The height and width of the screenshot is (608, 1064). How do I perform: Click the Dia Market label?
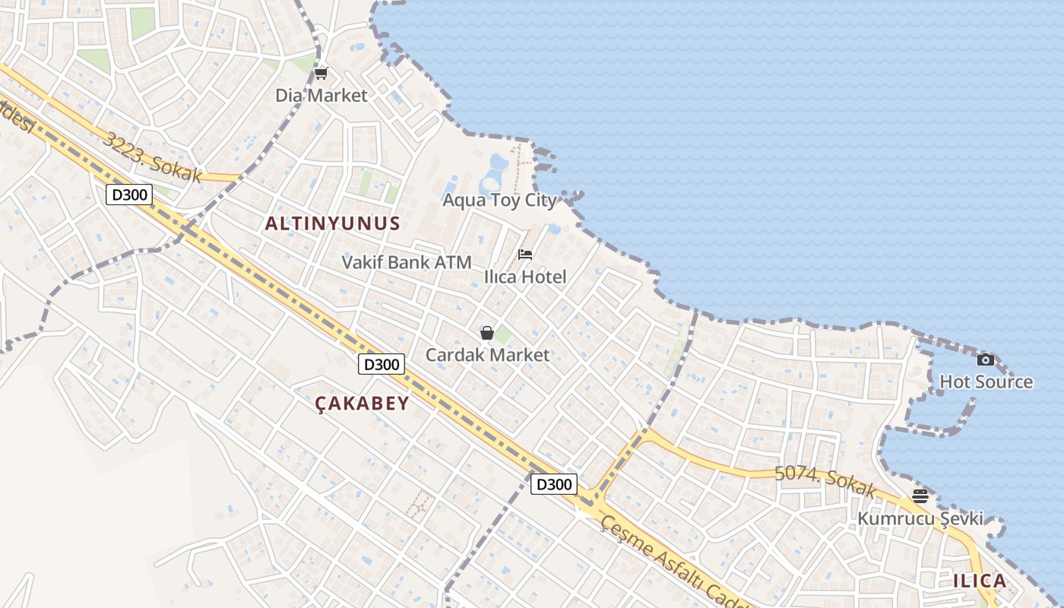pyautogui.click(x=321, y=96)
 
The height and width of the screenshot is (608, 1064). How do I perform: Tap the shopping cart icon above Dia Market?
pyautogui.click(x=321, y=74)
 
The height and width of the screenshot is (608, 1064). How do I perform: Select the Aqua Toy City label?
pyautogui.click(x=500, y=200)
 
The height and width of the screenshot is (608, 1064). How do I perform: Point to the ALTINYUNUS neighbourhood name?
pyautogui.click(x=332, y=223)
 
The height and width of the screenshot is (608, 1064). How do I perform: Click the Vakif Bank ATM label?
pyautogui.click(x=407, y=262)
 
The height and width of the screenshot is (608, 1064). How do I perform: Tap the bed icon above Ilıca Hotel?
pyautogui.click(x=525, y=255)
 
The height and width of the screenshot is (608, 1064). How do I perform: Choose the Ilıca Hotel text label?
pyautogui.click(x=525, y=277)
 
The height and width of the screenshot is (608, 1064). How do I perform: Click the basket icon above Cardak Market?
pyautogui.click(x=487, y=333)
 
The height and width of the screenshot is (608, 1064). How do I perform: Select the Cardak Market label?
pyautogui.click(x=487, y=355)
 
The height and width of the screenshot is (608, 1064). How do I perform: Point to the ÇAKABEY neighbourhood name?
pyautogui.click(x=363, y=403)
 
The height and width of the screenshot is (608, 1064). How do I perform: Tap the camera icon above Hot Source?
pyautogui.click(x=986, y=359)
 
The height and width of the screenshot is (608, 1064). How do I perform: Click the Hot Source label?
pyautogui.click(x=986, y=382)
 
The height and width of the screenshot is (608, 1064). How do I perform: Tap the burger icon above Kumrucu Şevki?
pyautogui.click(x=920, y=497)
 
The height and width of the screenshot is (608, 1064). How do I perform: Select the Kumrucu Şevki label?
pyautogui.click(x=920, y=519)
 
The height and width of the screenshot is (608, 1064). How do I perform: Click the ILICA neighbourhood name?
pyautogui.click(x=980, y=581)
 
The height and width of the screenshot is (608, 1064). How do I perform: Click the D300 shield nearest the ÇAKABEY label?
pyautogui.click(x=380, y=364)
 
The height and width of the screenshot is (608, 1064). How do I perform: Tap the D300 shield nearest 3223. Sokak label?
pyautogui.click(x=128, y=195)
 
